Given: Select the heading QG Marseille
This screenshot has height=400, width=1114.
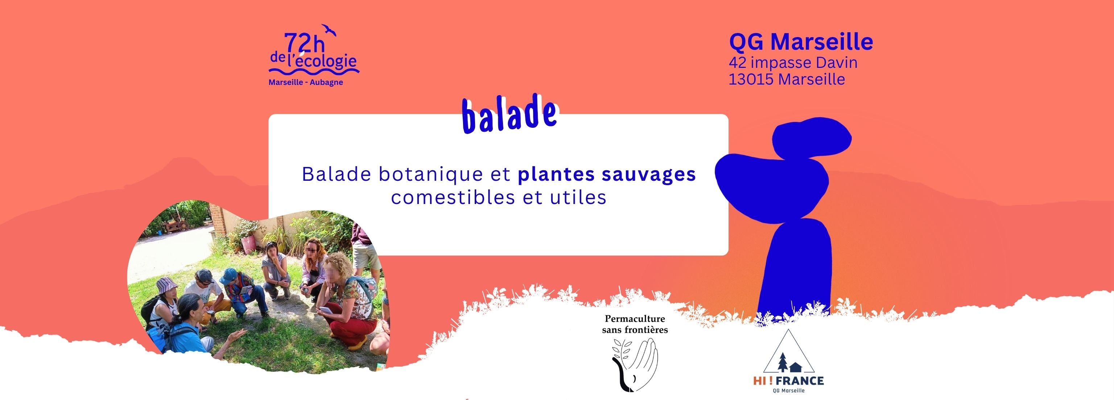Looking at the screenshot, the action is (801, 42).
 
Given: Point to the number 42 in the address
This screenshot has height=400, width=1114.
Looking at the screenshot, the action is (738, 63).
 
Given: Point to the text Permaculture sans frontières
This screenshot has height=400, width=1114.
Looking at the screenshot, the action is (635, 325).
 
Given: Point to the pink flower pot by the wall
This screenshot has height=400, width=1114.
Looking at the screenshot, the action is (247, 243).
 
